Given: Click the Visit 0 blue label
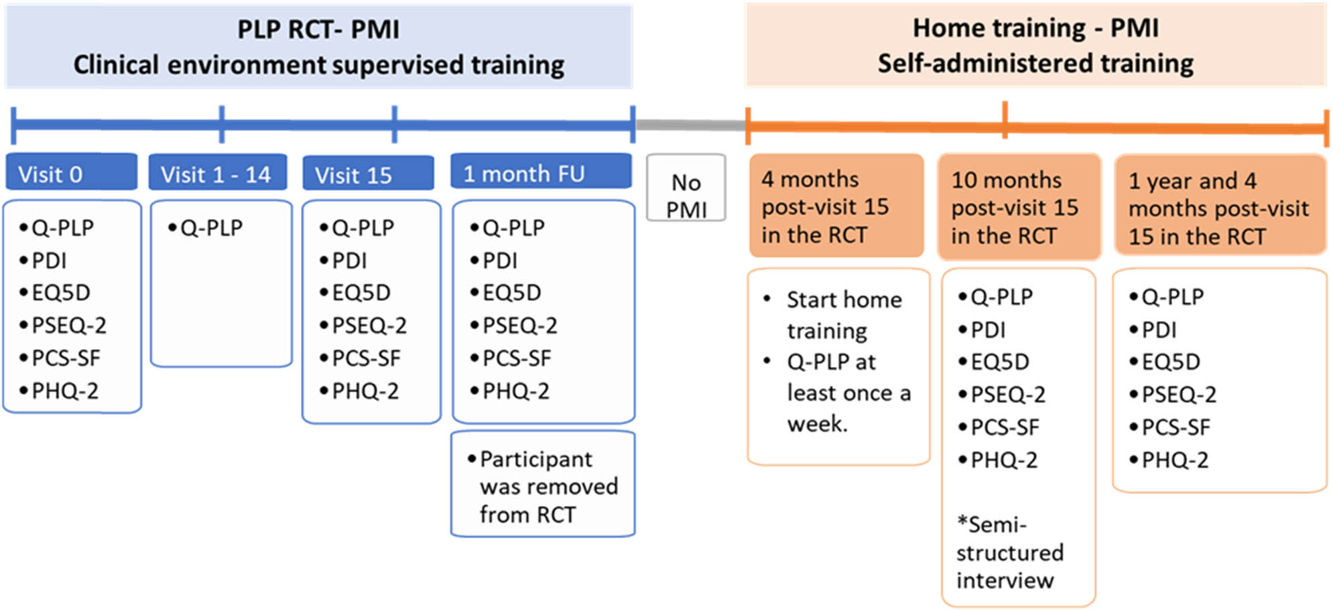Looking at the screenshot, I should [x=71, y=174].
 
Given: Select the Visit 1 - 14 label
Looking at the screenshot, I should [x=217, y=174].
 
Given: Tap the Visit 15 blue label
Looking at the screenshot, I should [x=368, y=174].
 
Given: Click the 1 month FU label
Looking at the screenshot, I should [x=540, y=173].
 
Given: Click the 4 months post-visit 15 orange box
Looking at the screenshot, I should [x=835, y=206].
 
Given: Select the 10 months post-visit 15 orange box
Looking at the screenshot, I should [x=1019, y=207].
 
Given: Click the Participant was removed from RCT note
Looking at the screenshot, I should [x=543, y=486].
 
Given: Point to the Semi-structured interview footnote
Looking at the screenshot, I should [x=1009, y=552].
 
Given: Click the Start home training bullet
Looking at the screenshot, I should [x=843, y=314].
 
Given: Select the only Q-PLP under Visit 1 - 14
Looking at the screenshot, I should [x=210, y=228].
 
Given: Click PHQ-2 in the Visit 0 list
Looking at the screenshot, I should [x=64, y=391].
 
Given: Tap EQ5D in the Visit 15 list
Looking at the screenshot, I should [x=361, y=293].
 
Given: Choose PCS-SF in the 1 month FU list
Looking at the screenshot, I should [x=516, y=358].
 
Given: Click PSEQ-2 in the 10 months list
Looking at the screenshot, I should [x=1007, y=395].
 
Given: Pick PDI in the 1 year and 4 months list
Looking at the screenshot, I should [x=1158, y=330].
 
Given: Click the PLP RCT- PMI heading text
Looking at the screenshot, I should [x=318, y=29].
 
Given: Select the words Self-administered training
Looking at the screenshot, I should [x=1035, y=64].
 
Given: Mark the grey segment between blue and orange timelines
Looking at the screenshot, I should [x=690, y=125].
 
